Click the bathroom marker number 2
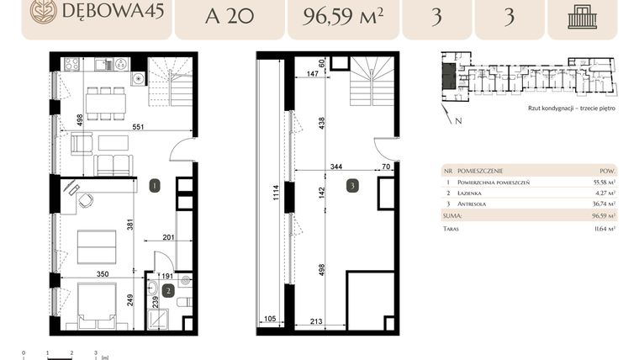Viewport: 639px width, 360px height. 168,291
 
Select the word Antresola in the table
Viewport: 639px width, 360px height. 489,204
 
